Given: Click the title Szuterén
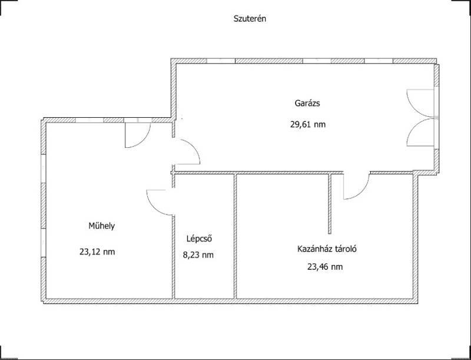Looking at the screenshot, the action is pyautogui.click(x=250, y=19).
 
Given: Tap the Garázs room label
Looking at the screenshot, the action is pyautogui.click(x=307, y=103).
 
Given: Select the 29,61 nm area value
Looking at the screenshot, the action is pyautogui.click(x=308, y=124).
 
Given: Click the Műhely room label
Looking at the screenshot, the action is pyautogui.click(x=101, y=226).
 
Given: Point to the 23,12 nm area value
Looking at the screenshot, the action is pyautogui.click(x=97, y=252).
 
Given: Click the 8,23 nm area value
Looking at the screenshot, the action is pyautogui.click(x=198, y=255).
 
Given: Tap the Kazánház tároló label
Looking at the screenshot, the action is pyautogui.click(x=327, y=249).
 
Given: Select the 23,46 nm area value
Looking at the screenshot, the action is pyautogui.click(x=325, y=267).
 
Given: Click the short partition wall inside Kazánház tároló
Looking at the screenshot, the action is pyautogui.click(x=330, y=204).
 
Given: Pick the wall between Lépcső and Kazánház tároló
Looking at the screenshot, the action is pyautogui.click(x=235, y=236).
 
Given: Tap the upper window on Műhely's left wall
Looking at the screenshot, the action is pyautogui.click(x=43, y=169).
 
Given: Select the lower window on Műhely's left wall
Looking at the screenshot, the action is pyautogui.click(x=43, y=243).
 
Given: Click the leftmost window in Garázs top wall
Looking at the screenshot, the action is pyautogui.click(x=221, y=61).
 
